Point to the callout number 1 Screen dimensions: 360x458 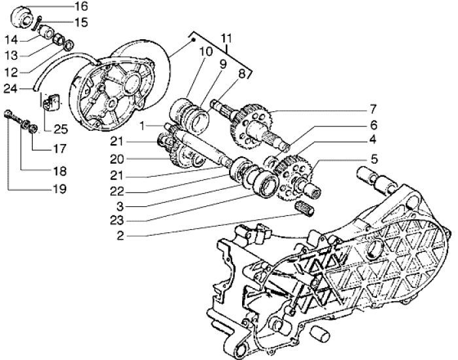151,125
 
